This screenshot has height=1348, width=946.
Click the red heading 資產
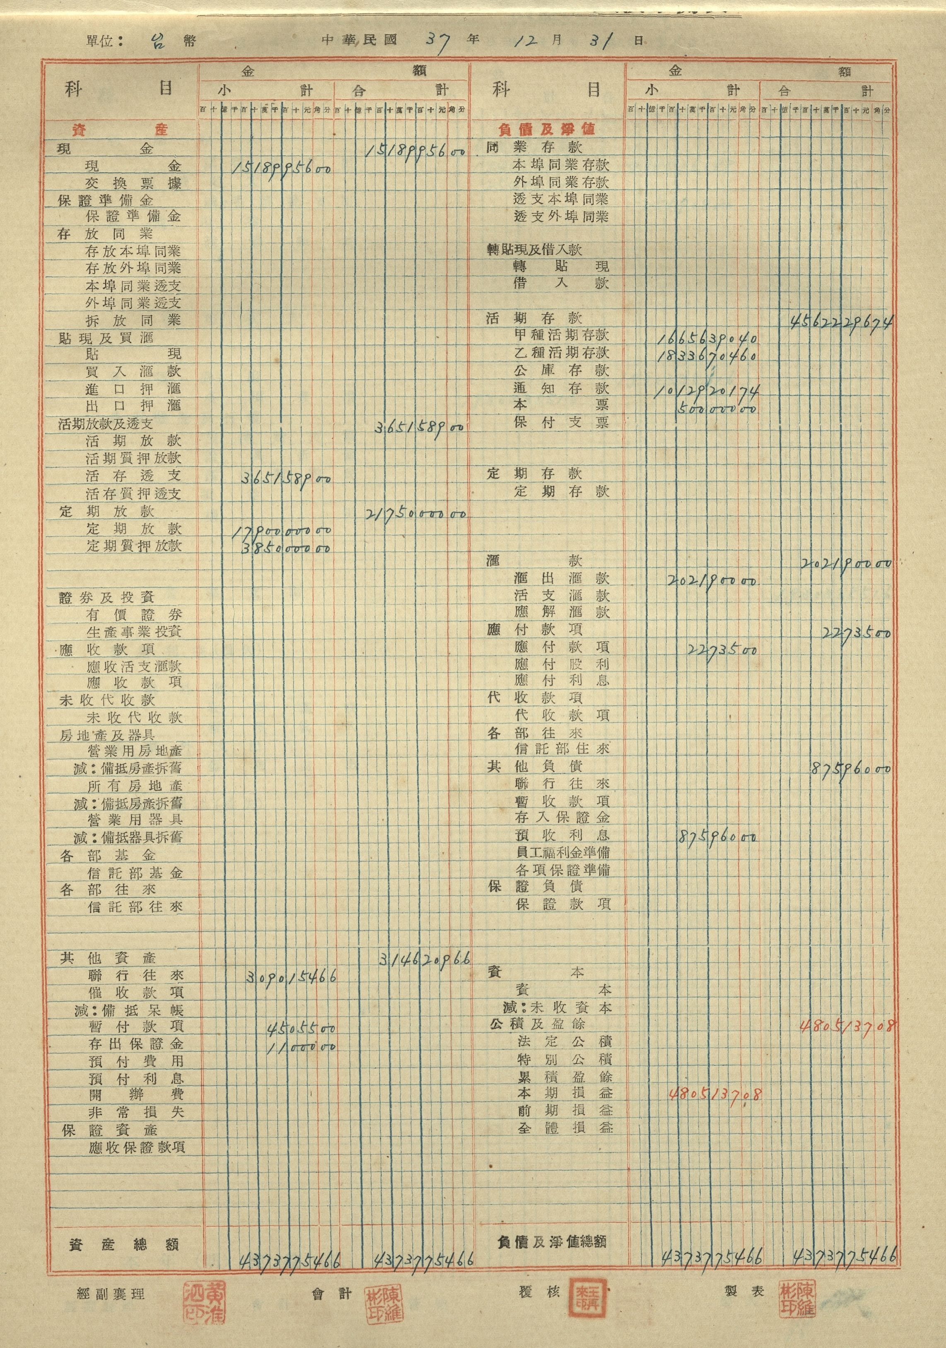coord(120,129)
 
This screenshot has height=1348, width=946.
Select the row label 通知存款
coord(562,388)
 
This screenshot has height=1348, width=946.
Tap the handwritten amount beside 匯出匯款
coord(711,581)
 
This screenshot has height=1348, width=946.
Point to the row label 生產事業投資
coord(134,632)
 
